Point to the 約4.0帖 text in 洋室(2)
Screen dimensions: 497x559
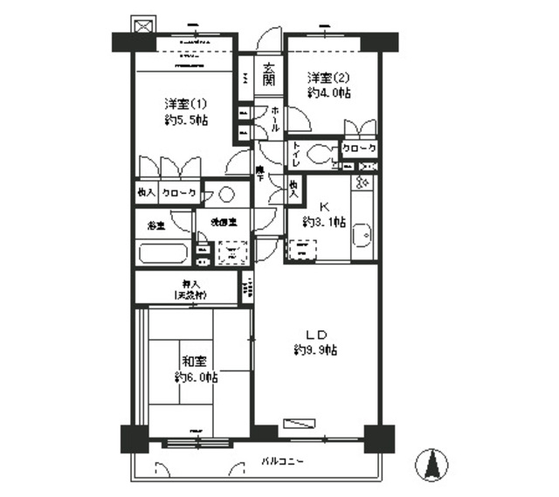[328, 92]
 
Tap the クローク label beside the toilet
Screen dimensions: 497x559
[359, 149]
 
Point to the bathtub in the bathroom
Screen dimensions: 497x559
[162, 254]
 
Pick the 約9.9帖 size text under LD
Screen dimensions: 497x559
[315, 350]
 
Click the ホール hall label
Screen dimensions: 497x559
[275, 119]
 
